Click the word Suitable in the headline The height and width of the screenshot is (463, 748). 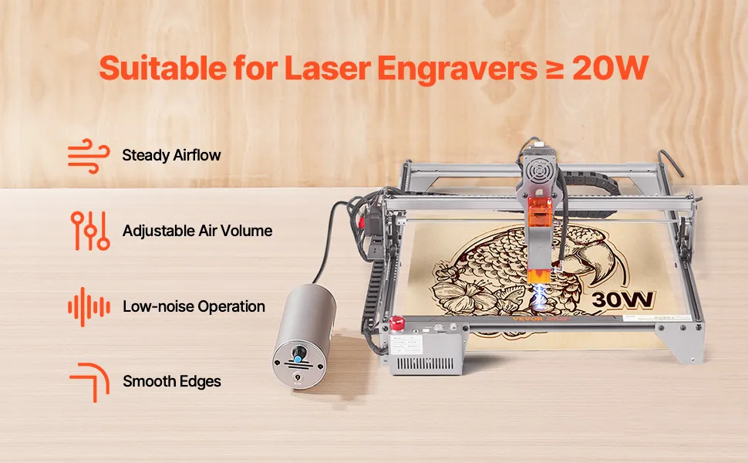pos(163,68)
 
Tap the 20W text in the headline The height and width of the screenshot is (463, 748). pos(610,68)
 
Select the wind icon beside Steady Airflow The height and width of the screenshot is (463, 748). pos(89,156)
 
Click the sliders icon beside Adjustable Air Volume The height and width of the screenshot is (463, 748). pos(90,231)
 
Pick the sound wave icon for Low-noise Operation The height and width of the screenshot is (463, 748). pos(89,307)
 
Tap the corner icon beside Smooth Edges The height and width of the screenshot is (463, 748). pos(90,382)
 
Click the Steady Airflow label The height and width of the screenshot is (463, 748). pos(171,156)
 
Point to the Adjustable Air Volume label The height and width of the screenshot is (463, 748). pos(197,231)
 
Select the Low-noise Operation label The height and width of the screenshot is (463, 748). pos(194,306)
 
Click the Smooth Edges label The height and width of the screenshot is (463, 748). pos(172,381)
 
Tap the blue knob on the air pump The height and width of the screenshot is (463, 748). pos(298,356)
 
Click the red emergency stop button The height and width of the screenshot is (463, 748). pos(397,323)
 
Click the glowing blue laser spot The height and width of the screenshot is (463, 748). pos(541,299)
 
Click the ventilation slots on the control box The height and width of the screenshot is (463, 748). pos(425,363)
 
